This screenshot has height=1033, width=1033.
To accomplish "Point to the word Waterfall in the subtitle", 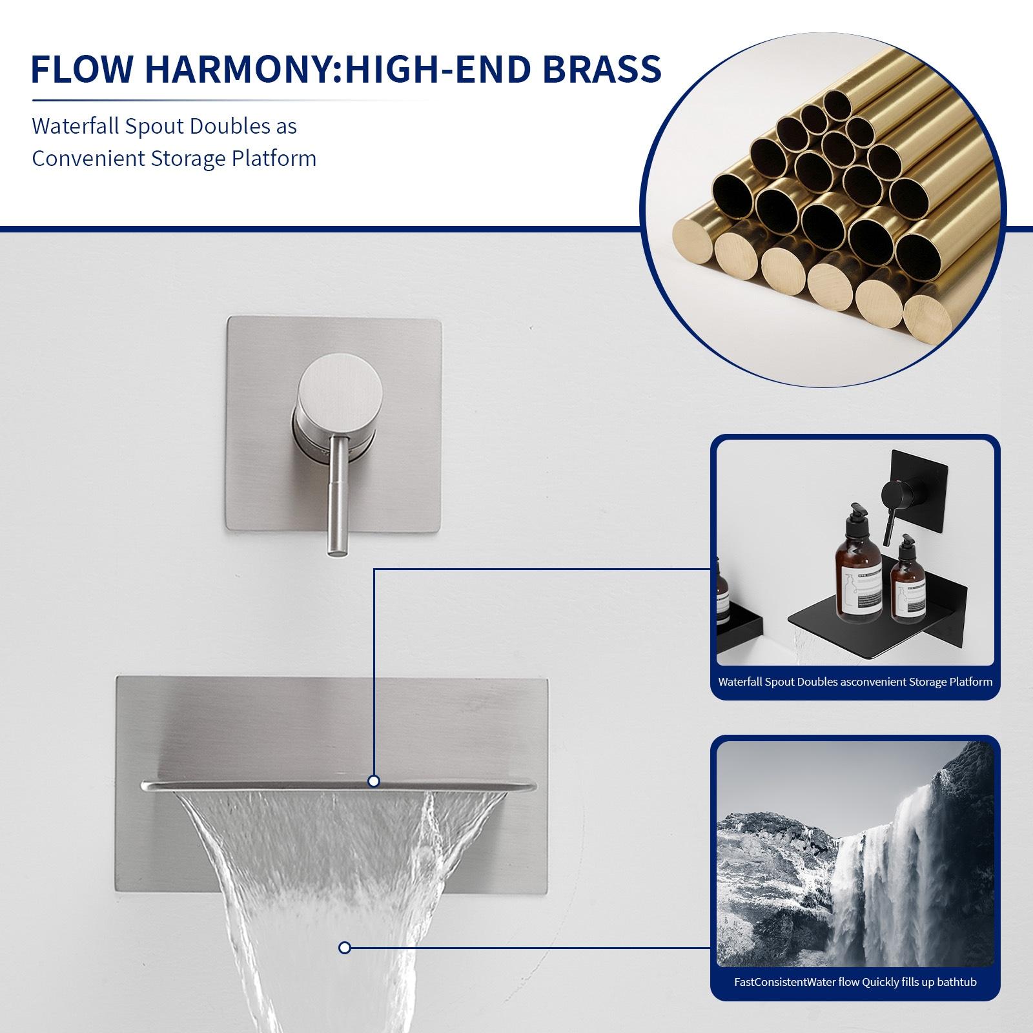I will [x=75, y=126].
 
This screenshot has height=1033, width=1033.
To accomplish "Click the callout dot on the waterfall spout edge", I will [x=373, y=781].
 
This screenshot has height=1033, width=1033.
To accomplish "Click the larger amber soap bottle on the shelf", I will [x=859, y=575].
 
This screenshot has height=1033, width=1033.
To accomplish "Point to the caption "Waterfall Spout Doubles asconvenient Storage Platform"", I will [x=855, y=682].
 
